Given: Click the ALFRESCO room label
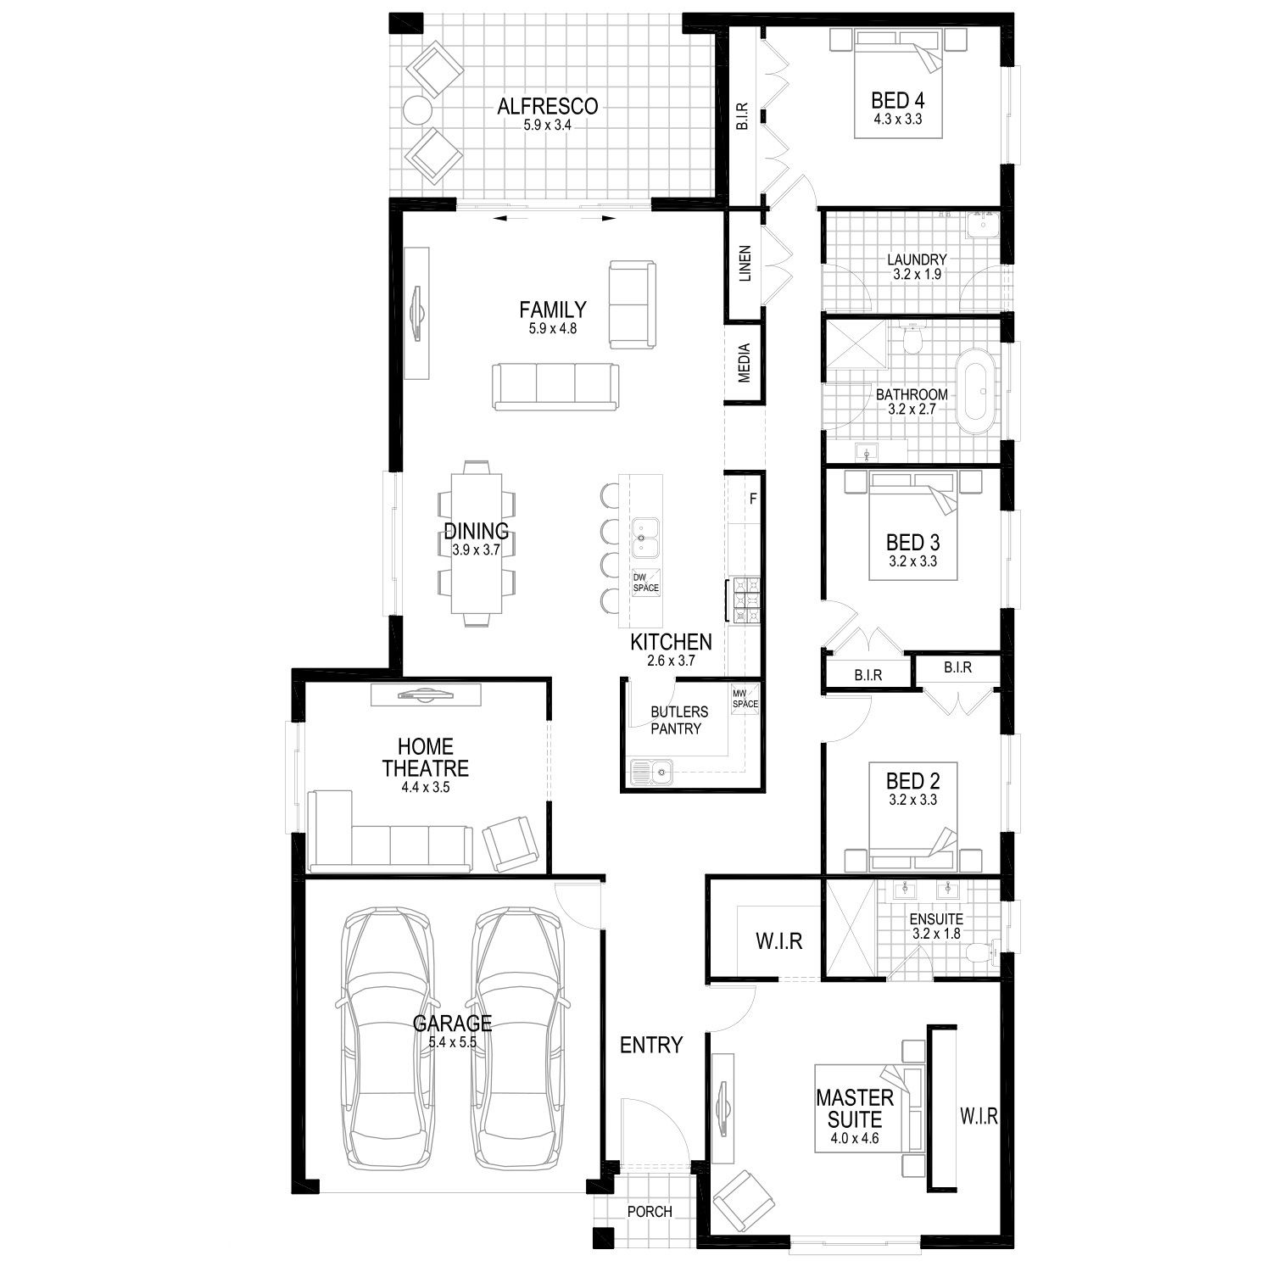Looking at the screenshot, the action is pos(547,106).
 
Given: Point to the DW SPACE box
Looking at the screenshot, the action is pos(645,582).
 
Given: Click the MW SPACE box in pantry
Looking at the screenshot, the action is pos(745,699).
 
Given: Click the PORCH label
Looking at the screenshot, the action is pos(650,1212).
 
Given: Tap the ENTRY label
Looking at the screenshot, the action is pos(651,1045).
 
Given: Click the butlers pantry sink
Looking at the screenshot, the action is pos(651,771).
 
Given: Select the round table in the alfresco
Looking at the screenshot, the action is pos(417,109).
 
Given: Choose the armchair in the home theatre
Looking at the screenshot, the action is pos(510,843).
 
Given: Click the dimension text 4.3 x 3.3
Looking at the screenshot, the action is pos(898,120).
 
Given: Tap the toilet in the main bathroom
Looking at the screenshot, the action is pos(912,339).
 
